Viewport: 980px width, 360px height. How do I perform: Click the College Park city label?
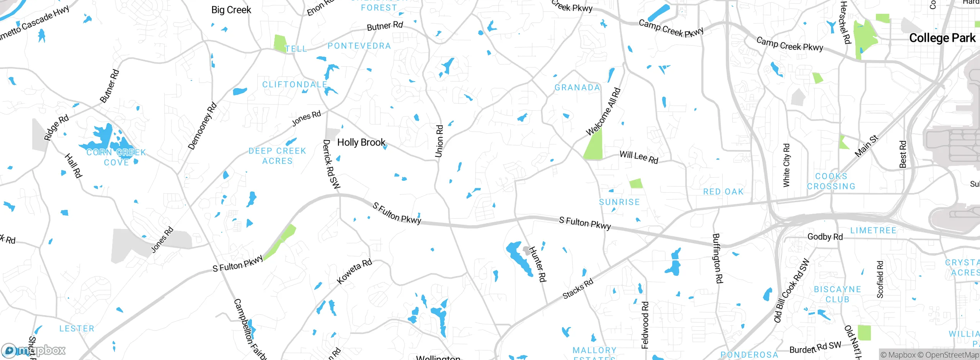click(942, 38)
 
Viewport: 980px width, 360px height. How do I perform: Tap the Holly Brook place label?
click(361, 142)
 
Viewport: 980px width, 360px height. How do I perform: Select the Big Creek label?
click(231, 10)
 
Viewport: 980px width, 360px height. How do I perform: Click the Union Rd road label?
click(439, 141)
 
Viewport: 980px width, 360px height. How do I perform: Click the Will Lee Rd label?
click(639, 157)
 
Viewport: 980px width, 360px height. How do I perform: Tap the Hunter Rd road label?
click(537, 264)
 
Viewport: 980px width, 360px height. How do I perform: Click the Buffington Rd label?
click(717, 258)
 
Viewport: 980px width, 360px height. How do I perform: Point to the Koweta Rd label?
click(354, 271)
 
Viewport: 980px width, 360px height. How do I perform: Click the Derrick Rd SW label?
click(331, 164)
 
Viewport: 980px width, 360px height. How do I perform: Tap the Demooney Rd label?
click(202, 126)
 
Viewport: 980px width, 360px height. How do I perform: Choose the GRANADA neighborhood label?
click(577, 88)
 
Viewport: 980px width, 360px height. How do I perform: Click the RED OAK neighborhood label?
click(723, 192)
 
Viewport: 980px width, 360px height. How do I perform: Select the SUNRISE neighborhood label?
click(619, 202)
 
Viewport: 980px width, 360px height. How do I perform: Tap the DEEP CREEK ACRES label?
click(277, 156)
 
